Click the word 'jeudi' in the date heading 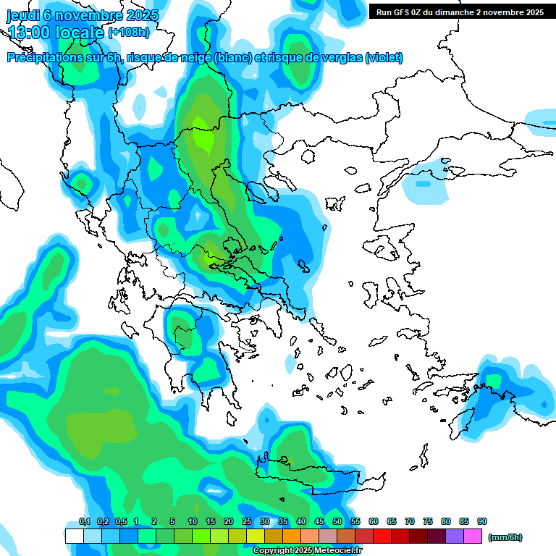pyautogui.click(x=22, y=14)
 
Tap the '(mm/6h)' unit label pyautogui.click(x=505, y=537)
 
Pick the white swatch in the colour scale pyautogui.click(x=74, y=536)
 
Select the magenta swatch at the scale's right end pyautogui.click(x=473, y=536)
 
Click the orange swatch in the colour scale pyautogui.click(x=291, y=536)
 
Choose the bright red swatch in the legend pyautogui.click(x=382, y=536)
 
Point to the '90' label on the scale pyautogui.click(x=482, y=521)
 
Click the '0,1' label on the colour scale pyautogui.click(x=84, y=521)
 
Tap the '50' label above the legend pyautogui.click(x=337, y=521)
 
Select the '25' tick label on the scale pyautogui.click(x=247, y=521)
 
